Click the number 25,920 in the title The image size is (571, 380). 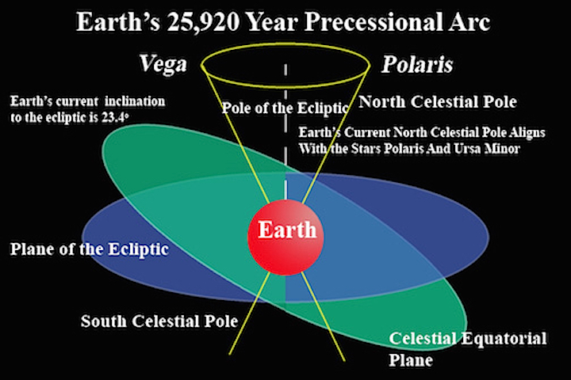(x=203, y=22)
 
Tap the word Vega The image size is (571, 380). (x=163, y=65)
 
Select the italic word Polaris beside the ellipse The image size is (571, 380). (x=417, y=65)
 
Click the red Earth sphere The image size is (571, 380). (x=285, y=237)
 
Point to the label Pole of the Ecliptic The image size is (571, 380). (x=285, y=108)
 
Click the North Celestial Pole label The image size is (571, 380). (x=438, y=102)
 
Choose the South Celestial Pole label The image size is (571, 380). (x=159, y=321)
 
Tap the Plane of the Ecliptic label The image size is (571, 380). (x=89, y=249)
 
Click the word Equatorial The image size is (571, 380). (x=504, y=340)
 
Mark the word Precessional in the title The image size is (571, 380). (x=373, y=22)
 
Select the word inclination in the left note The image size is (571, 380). (x=135, y=101)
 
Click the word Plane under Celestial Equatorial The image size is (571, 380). (x=411, y=361)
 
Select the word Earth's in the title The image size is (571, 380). (x=118, y=22)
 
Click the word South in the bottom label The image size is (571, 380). (x=104, y=321)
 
